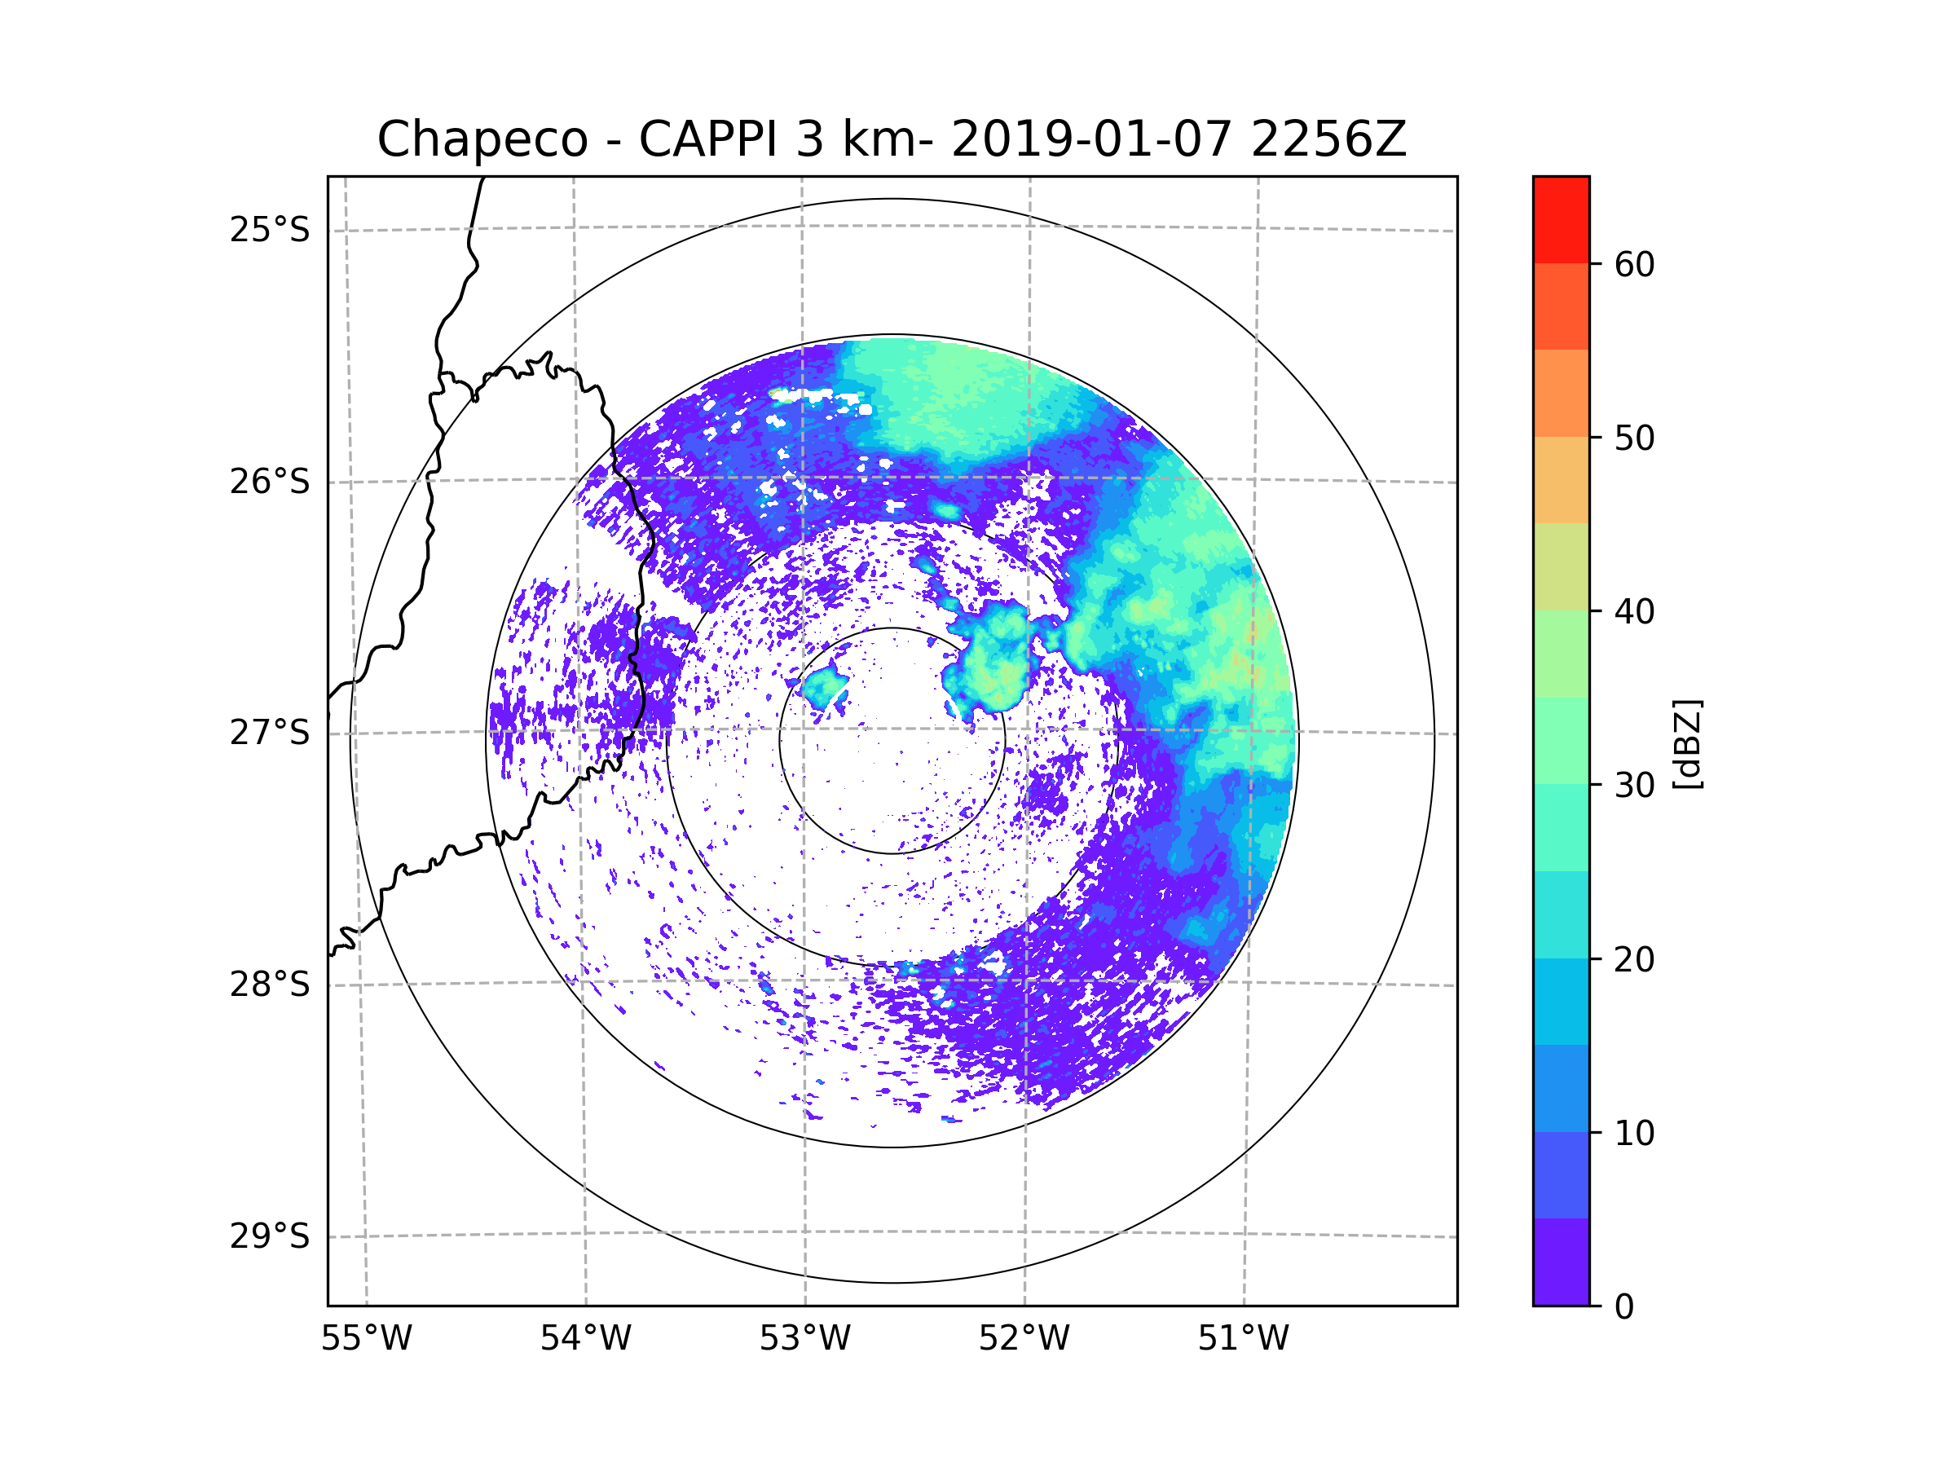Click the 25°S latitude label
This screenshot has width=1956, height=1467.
pyautogui.click(x=270, y=230)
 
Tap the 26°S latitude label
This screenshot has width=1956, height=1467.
pyautogui.click(x=270, y=482)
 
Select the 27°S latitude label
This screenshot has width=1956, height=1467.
pyautogui.click(x=270, y=733)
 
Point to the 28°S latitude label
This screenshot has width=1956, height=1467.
pyautogui.click(x=270, y=985)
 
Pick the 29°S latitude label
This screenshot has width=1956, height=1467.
pyautogui.click(x=270, y=1236)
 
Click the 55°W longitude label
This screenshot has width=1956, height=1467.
pyautogui.click(x=366, y=1339)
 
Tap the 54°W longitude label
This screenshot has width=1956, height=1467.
pyautogui.click(x=585, y=1339)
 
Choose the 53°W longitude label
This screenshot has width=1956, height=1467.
pyautogui.click(x=804, y=1339)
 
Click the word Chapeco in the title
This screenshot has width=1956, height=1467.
pyautogui.click(x=482, y=139)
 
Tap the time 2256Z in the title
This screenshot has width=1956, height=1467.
pyautogui.click(x=1328, y=139)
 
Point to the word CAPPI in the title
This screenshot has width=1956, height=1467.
pyautogui.click(x=708, y=139)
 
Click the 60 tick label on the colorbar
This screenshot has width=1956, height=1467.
pyautogui.click(x=1634, y=264)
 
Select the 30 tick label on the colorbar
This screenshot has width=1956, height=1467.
pyautogui.click(x=1634, y=785)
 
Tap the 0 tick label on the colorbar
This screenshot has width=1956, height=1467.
pyautogui.click(x=1624, y=1307)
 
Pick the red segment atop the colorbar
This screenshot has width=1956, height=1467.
pyautogui.click(x=1561, y=219)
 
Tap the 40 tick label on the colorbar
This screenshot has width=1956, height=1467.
pyautogui.click(x=1634, y=612)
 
